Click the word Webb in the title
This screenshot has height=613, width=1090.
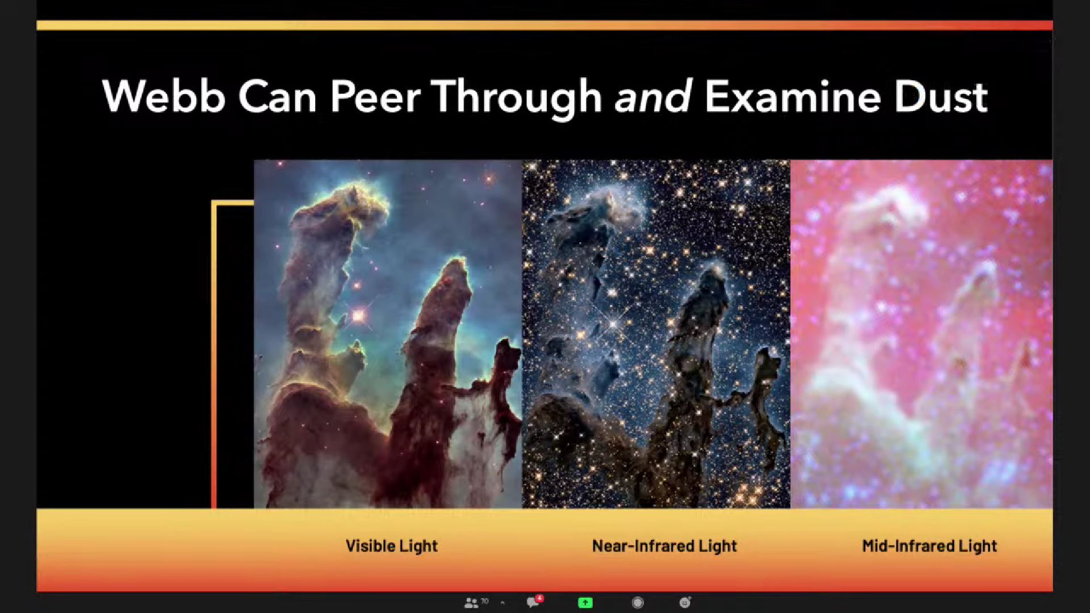[163, 96]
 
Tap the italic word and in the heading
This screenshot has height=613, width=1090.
[653, 96]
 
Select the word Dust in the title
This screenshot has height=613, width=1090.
[941, 96]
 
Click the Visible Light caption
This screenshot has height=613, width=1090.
[392, 546]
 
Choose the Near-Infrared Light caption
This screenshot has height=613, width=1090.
[664, 546]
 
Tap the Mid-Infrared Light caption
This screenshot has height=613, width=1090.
[929, 546]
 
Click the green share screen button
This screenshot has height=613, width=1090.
[585, 603]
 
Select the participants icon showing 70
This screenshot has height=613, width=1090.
[476, 603]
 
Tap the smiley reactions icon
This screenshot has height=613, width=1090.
[685, 602]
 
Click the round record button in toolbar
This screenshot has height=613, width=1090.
[638, 603]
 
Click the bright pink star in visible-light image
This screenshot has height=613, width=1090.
[358, 316]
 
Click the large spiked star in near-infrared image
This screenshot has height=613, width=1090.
[614, 324]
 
